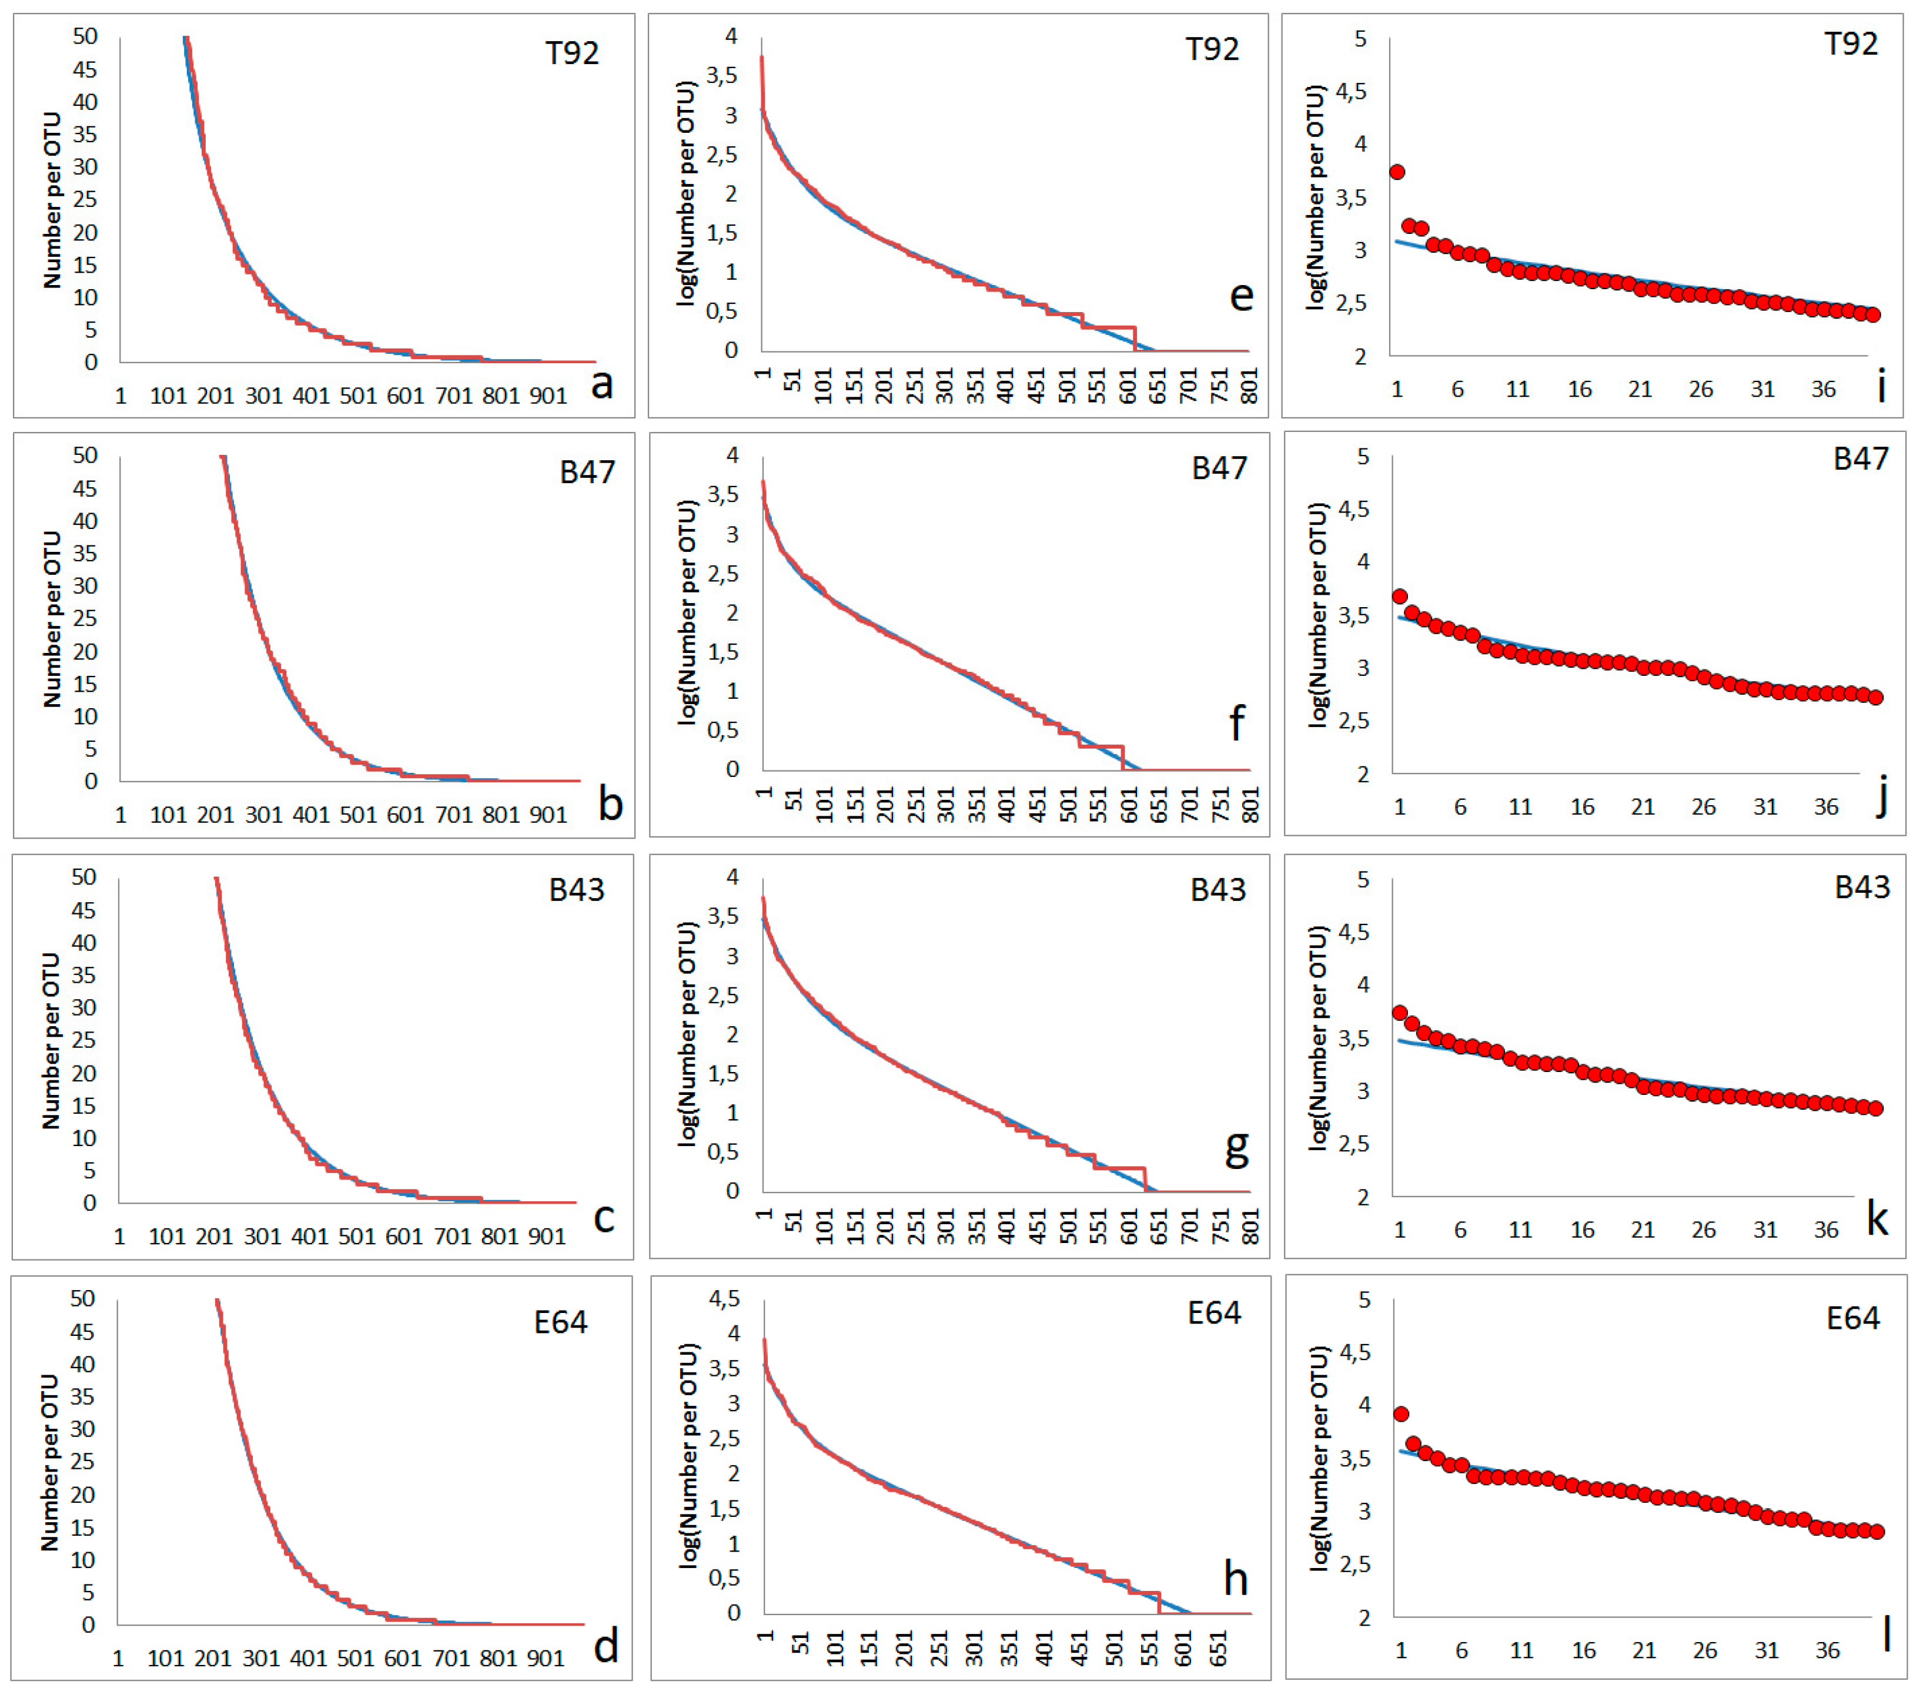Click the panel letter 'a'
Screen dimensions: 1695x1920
point(601,383)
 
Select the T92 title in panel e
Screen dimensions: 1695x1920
point(1212,49)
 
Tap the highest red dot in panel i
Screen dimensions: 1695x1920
point(1397,172)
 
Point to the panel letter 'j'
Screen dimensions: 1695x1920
point(1881,800)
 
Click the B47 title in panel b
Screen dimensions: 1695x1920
point(587,471)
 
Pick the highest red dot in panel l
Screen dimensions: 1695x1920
point(1400,1414)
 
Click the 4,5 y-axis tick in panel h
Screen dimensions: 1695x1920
point(724,1299)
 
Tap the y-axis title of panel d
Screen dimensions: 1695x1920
point(49,1462)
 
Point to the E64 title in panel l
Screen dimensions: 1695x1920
point(1852,1318)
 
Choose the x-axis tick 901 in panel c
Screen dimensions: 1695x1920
point(547,1236)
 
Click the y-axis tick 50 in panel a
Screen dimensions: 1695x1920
point(85,36)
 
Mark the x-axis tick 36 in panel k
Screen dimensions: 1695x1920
point(1825,1229)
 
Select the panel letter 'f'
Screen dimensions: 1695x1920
point(1236,723)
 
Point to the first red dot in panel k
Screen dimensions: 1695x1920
point(1400,1013)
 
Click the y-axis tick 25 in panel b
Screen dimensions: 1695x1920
point(85,618)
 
